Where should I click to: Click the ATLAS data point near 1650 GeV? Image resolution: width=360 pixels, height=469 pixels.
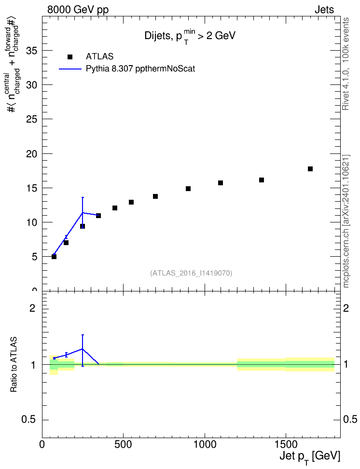point(310,169)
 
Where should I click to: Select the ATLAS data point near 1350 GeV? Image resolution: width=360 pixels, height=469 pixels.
point(261,180)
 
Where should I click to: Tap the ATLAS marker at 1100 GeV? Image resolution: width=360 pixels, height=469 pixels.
point(221,183)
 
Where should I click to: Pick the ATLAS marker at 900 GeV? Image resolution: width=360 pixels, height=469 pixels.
point(188,189)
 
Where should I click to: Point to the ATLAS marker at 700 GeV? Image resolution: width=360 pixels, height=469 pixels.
point(155,196)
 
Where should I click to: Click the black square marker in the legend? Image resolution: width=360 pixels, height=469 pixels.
point(69,57)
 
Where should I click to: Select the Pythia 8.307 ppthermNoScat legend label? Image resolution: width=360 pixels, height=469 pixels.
point(140,69)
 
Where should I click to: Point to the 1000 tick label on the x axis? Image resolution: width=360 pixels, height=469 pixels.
point(205,444)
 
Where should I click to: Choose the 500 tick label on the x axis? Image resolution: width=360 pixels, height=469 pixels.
point(123,444)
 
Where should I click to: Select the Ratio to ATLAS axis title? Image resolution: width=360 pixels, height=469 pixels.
point(14,365)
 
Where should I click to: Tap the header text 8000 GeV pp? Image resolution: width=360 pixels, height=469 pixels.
point(78,10)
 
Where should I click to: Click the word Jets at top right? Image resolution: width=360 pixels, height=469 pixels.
point(324,10)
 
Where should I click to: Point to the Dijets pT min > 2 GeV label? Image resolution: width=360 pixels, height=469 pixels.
point(190,37)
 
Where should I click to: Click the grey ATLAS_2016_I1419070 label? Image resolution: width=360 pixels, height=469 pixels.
point(191,273)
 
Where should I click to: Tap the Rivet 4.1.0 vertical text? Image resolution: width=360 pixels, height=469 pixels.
point(346,64)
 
